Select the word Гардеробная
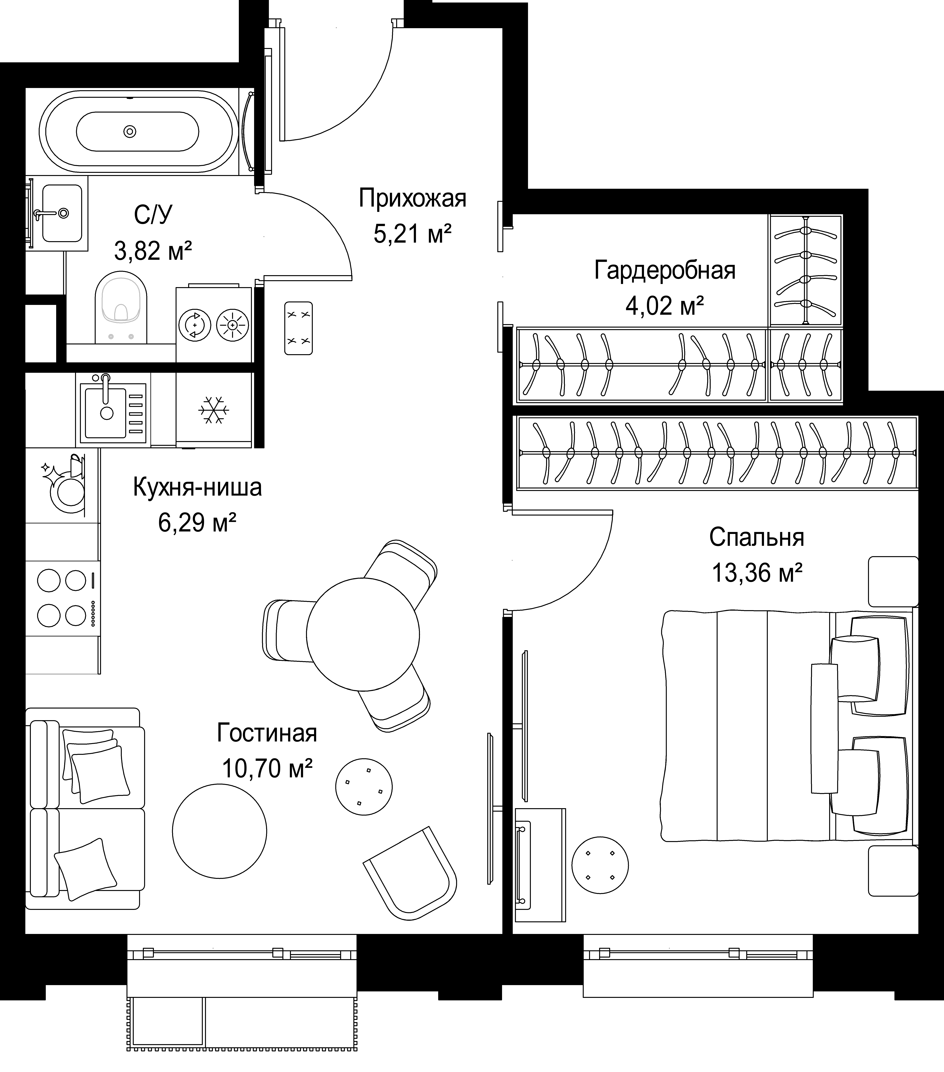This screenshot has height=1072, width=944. point(665,271)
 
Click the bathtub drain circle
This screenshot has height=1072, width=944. point(129,131)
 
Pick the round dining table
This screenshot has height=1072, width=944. point(363,634)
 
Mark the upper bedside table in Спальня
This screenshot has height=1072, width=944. point(893,582)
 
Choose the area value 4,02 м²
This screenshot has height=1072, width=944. point(665,306)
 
